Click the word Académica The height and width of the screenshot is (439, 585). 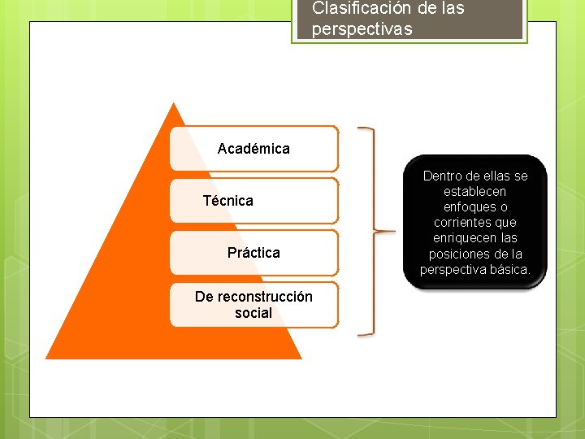(x=253, y=149)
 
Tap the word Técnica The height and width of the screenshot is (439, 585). (x=227, y=201)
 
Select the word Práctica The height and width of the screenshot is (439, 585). (x=253, y=253)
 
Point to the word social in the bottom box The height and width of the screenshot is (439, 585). (x=253, y=313)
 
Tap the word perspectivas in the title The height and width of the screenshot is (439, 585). (x=362, y=29)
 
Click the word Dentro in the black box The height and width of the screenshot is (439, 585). (x=443, y=176)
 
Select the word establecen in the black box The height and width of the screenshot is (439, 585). (x=475, y=191)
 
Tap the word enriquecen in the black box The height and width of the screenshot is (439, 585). (x=463, y=237)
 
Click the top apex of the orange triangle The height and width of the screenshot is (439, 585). (x=173, y=103)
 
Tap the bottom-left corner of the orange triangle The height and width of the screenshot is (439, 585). (x=47, y=358)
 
